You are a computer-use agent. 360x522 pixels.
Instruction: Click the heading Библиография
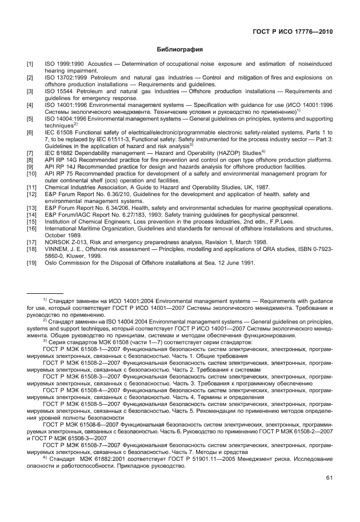coord(179,50)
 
